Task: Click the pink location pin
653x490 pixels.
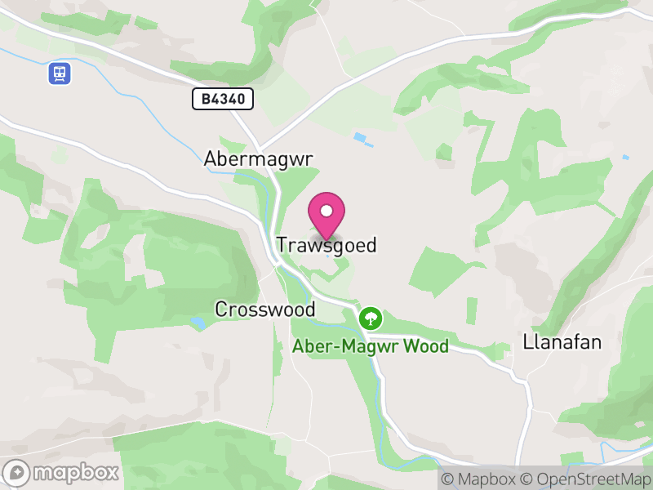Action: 326,214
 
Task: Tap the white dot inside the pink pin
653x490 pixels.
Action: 326,209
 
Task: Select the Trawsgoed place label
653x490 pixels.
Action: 326,245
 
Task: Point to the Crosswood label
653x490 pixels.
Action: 265,310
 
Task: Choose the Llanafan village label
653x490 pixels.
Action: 562,342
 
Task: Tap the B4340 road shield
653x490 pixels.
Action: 223,100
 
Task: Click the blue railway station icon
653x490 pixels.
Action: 59,73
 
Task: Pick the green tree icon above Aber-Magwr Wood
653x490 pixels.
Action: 371,317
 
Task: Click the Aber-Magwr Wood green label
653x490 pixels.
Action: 371,346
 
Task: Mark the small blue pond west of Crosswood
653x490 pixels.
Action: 198,323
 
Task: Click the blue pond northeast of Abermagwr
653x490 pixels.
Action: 362,138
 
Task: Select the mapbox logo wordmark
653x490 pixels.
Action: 76,472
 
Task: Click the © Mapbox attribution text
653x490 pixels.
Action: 479,479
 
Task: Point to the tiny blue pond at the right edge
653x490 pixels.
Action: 626,157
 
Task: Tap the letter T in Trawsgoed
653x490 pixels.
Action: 282,245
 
